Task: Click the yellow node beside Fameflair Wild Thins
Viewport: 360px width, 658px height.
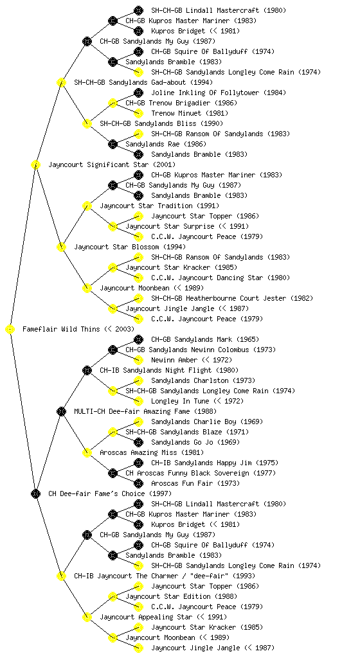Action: pyautogui.click(x=10, y=330)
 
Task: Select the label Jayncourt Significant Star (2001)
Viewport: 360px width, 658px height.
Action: pyautogui.click(x=112, y=165)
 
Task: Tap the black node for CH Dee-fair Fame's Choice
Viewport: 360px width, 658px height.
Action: pyautogui.click(x=35, y=494)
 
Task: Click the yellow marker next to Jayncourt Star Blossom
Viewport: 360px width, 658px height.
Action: pyautogui.click(x=61, y=247)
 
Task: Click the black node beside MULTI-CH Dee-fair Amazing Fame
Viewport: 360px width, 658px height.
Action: pyautogui.click(x=61, y=412)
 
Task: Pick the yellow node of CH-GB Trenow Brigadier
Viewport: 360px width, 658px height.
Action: pyautogui.click(x=113, y=103)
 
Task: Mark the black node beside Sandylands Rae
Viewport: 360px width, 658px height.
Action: pyautogui.click(x=113, y=145)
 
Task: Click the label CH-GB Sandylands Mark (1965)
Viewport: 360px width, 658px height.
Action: pyautogui.click(x=205, y=339)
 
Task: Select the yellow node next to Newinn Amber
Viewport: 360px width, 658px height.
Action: pyautogui.click(x=138, y=360)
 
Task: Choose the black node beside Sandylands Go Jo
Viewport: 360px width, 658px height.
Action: pyautogui.click(x=138, y=442)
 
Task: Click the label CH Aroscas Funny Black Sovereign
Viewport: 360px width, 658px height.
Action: pyautogui.click(x=187, y=474)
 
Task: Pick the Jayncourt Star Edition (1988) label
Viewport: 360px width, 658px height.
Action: pyautogui.click(x=182, y=597)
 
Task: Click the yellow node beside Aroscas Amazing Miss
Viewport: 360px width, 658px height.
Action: pyautogui.click(x=87, y=453)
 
